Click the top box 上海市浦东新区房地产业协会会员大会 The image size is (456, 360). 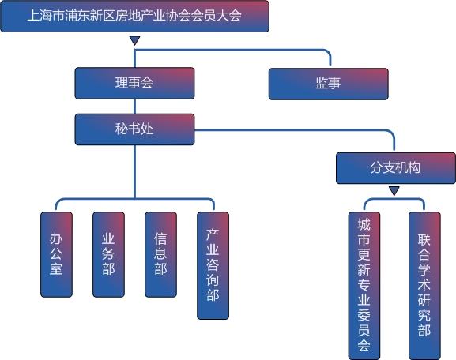click(x=134, y=16)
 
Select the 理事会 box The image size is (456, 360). click(x=134, y=83)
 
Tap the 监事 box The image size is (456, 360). click(x=328, y=83)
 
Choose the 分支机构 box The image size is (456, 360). click(x=395, y=168)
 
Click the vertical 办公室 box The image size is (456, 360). click(x=56, y=253)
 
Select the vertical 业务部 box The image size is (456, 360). click(x=108, y=253)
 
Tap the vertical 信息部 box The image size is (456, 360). click(x=160, y=253)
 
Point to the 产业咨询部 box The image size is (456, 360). click(x=213, y=264)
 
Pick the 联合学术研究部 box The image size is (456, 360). click(x=424, y=284)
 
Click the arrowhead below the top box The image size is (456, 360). click(x=134, y=40)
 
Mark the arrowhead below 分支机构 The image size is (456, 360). click(x=394, y=191)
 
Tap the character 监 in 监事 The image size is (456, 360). click(x=322, y=83)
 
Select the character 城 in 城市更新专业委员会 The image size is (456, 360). click(x=364, y=226)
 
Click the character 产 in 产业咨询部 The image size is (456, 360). click(x=213, y=234)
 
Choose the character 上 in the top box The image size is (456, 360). click(x=32, y=16)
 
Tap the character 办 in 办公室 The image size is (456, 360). click(x=56, y=238)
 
